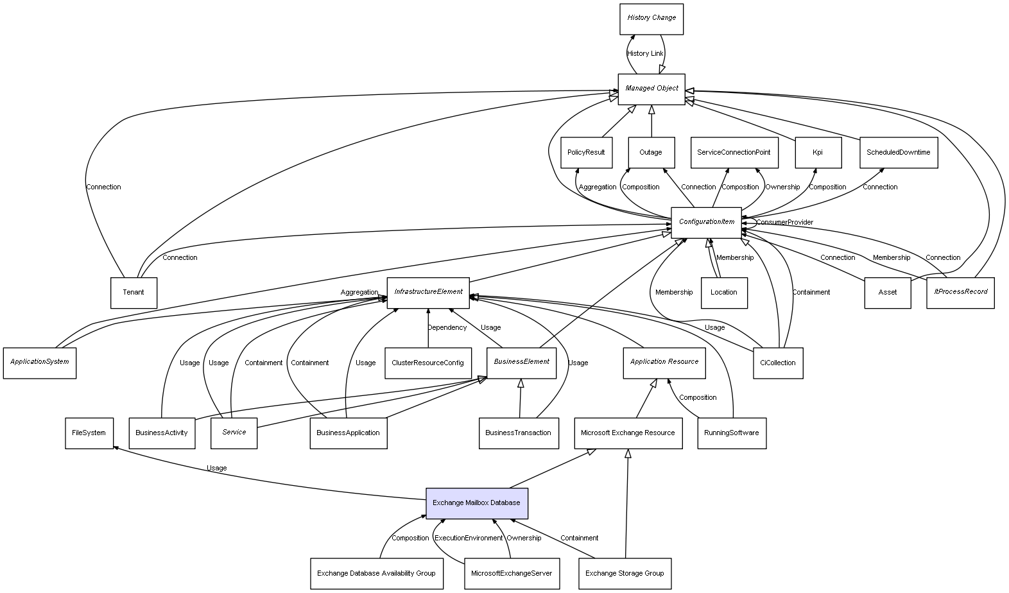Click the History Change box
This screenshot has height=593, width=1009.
tap(651, 19)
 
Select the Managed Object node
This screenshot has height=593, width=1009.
tap(651, 89)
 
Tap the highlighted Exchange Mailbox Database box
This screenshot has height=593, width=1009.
tap(476, 503)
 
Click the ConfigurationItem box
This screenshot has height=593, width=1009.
tap(706, 222)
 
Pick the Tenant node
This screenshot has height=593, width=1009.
tap(134, 293)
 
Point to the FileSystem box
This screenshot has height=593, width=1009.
tap(89, 433)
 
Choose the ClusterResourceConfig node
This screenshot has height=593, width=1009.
tap(427, 363)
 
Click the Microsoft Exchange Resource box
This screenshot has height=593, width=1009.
tap(628, 433)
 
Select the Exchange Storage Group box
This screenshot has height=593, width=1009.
tap(625, 574)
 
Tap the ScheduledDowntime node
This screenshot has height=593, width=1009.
tap(898, 153)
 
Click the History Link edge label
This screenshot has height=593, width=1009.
tap(645, 54)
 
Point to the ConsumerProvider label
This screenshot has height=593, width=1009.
tap(784, 223)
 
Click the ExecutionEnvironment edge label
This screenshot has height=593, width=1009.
tap(469, 538)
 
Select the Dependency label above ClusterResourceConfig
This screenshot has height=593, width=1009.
tap(447, 328)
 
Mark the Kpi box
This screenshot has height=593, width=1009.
tap(818, 153)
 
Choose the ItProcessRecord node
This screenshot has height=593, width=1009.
tap(960, 293)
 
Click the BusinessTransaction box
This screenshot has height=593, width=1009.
tap(518, 433)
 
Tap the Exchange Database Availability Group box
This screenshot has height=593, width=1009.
tap(376, 574)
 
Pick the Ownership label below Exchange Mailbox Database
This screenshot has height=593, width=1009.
tap(524, 538)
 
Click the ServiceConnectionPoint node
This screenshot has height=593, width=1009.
tap(734, 153)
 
